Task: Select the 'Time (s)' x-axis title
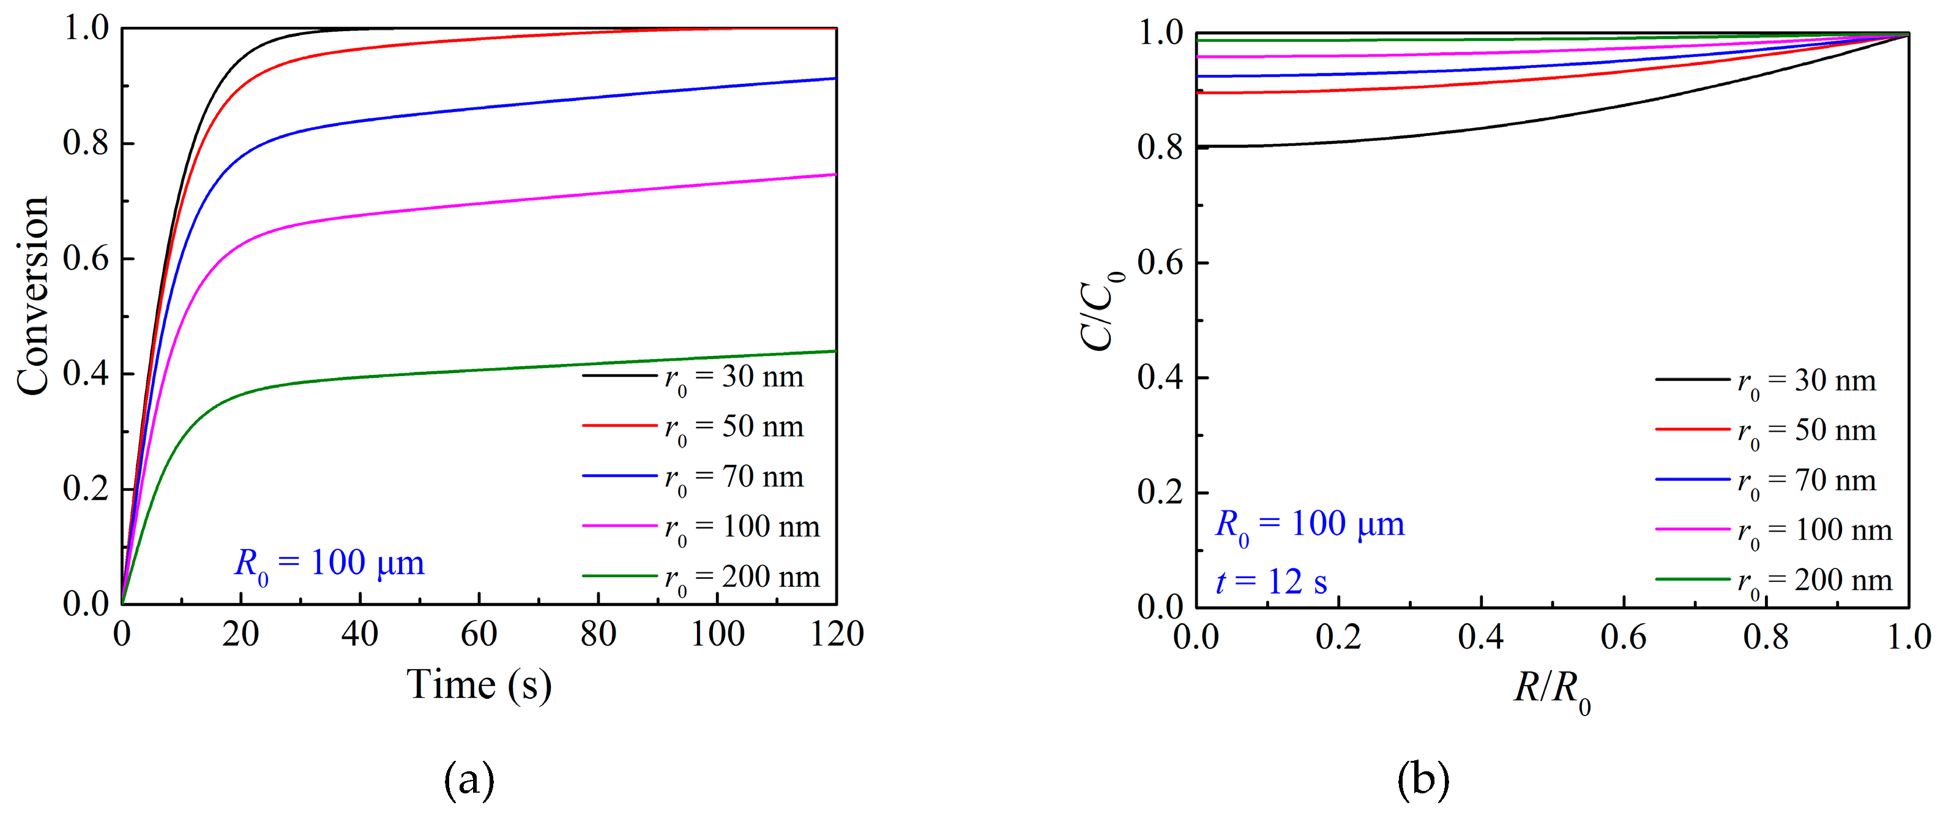pos(479,686)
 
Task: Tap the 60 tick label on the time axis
pos(479,634)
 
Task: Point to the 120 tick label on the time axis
pos(837,634)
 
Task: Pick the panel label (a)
pos(469,780)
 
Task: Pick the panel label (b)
pos(1423,780)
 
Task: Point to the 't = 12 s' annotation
pos(1271,582)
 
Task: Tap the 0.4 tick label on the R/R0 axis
pos(1480,638)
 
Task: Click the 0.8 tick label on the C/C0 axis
pos(1160,147)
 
